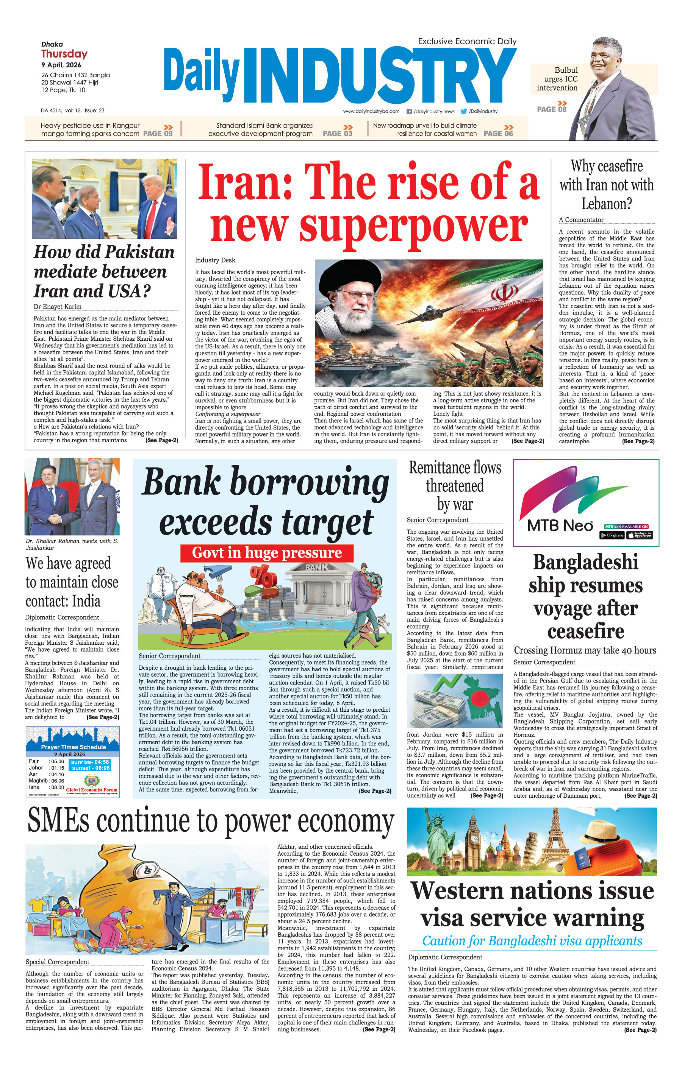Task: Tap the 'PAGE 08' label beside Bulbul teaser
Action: pos(552,109)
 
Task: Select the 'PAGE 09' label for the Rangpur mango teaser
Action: pos(158,133)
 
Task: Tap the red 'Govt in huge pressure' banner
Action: pos(267,553)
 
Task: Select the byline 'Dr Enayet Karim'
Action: pos(58,307)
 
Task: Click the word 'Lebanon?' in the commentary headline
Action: pos(606,204)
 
